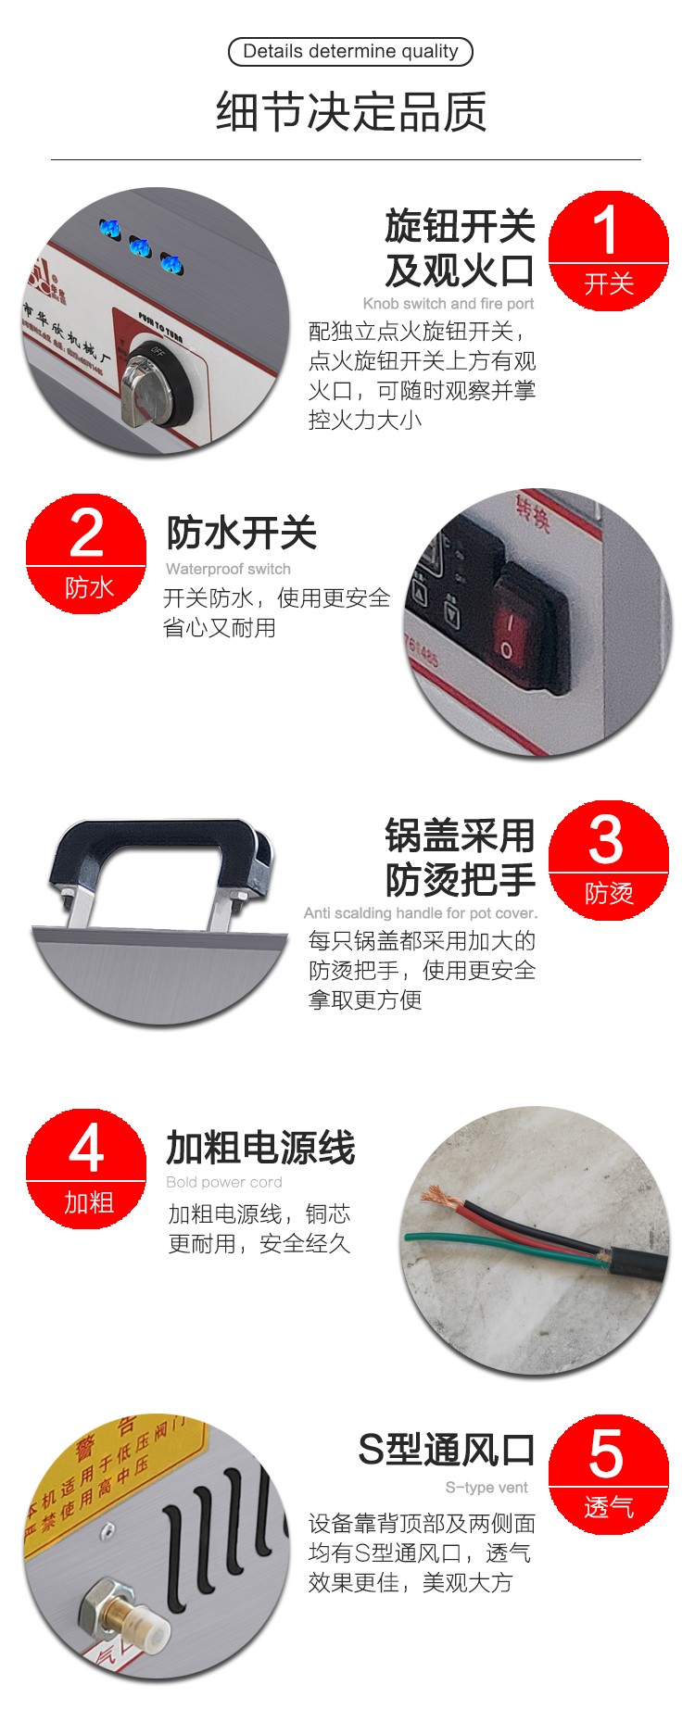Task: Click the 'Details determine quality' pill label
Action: (x=350, y=52)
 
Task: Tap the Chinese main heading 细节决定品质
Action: (x=350, y=113)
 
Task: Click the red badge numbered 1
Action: (x=608, y=250)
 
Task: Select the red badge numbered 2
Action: (x=86, y=554)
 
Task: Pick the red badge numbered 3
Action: (x=608, y=860)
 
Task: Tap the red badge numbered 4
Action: (x=86, y=1169)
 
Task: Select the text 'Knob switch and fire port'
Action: (x=449, y=304)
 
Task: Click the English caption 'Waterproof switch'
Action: (x=228, y=569)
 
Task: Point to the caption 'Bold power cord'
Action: (x=224, y=1182)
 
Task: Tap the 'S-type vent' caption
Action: (x=486, y=1488)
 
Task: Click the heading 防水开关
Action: (x=241, y=534)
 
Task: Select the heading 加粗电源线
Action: (x=260, y=1149)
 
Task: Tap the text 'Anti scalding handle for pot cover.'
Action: (x=421, y=913)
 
